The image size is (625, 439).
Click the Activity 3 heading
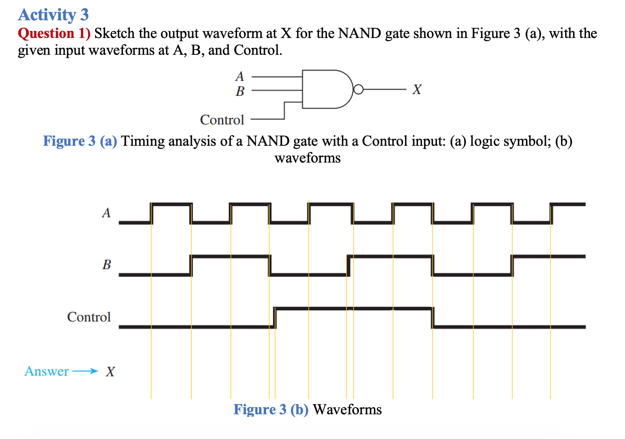(53, 15)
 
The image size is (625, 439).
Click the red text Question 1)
(54, 34)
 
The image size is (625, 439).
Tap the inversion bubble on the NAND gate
(358, 90)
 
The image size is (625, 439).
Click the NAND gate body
(325, 89)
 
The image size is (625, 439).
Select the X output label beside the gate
(416, 90)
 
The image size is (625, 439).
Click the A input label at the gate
(240, 76)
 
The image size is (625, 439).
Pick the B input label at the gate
(240, 91)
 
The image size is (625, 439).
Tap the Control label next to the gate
(222, 120)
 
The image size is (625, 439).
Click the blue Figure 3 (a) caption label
(80, 141)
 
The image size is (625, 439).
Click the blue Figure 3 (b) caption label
(271, 409)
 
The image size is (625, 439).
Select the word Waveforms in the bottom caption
(347, 409)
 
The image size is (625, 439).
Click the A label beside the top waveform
(106, 213)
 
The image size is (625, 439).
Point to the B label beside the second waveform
(107, 265)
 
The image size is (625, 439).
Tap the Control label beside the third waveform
(89, 317)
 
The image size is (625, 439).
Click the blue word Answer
(46, 371)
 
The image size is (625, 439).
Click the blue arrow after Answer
(84, 371)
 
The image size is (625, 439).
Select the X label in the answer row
(110, 372)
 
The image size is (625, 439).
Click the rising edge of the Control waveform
(275, 318)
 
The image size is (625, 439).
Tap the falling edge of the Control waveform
(433, 318)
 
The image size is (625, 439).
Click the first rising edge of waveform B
(191, 265)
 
